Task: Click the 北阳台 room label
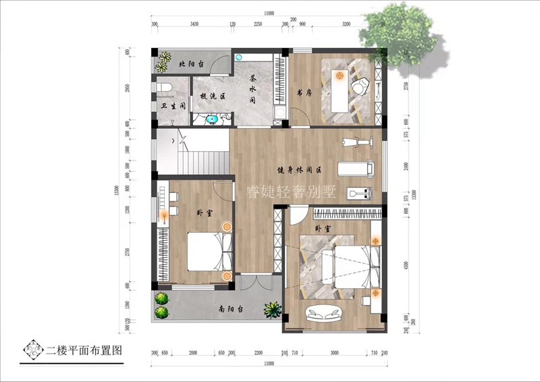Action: point(192,65)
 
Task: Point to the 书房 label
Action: point(304,92)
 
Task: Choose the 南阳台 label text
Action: point(232,309)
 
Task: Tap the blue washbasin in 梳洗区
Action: point(213,120)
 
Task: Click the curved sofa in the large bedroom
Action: point(324,312)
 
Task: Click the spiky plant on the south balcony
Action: point(272,310)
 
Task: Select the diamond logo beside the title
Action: point(32,350)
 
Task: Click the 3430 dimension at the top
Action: point(194,24)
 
